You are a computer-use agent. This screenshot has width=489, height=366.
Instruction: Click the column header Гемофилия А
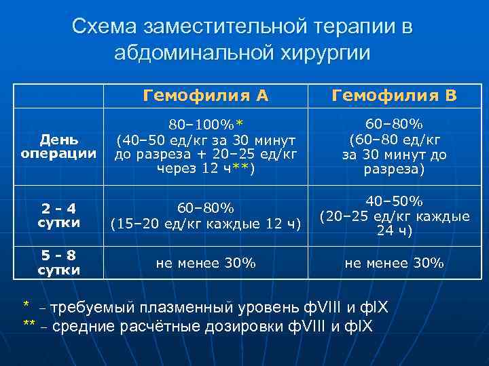coord(205,96)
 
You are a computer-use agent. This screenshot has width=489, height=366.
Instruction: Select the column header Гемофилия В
coord(394,96)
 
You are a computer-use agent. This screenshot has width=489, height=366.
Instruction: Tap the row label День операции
coord(58,146)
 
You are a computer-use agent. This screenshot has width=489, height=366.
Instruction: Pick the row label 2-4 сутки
coord(58,215)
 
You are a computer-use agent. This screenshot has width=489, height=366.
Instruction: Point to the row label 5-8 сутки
coord(58,262)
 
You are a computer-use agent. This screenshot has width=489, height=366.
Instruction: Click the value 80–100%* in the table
coord(205,124)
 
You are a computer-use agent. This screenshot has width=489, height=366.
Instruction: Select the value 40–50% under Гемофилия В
coord(394,201)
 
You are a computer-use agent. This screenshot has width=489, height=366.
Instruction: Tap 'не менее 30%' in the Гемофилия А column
coord(205,263)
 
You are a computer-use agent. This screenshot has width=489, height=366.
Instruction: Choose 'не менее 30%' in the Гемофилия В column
coord(394,263)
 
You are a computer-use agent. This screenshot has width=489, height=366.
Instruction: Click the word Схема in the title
coord(105,27)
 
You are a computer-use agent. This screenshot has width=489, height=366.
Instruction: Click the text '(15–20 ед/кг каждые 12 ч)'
coord(205,224)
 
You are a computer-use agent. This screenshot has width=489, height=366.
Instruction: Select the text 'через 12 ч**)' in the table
coord(205,169)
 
